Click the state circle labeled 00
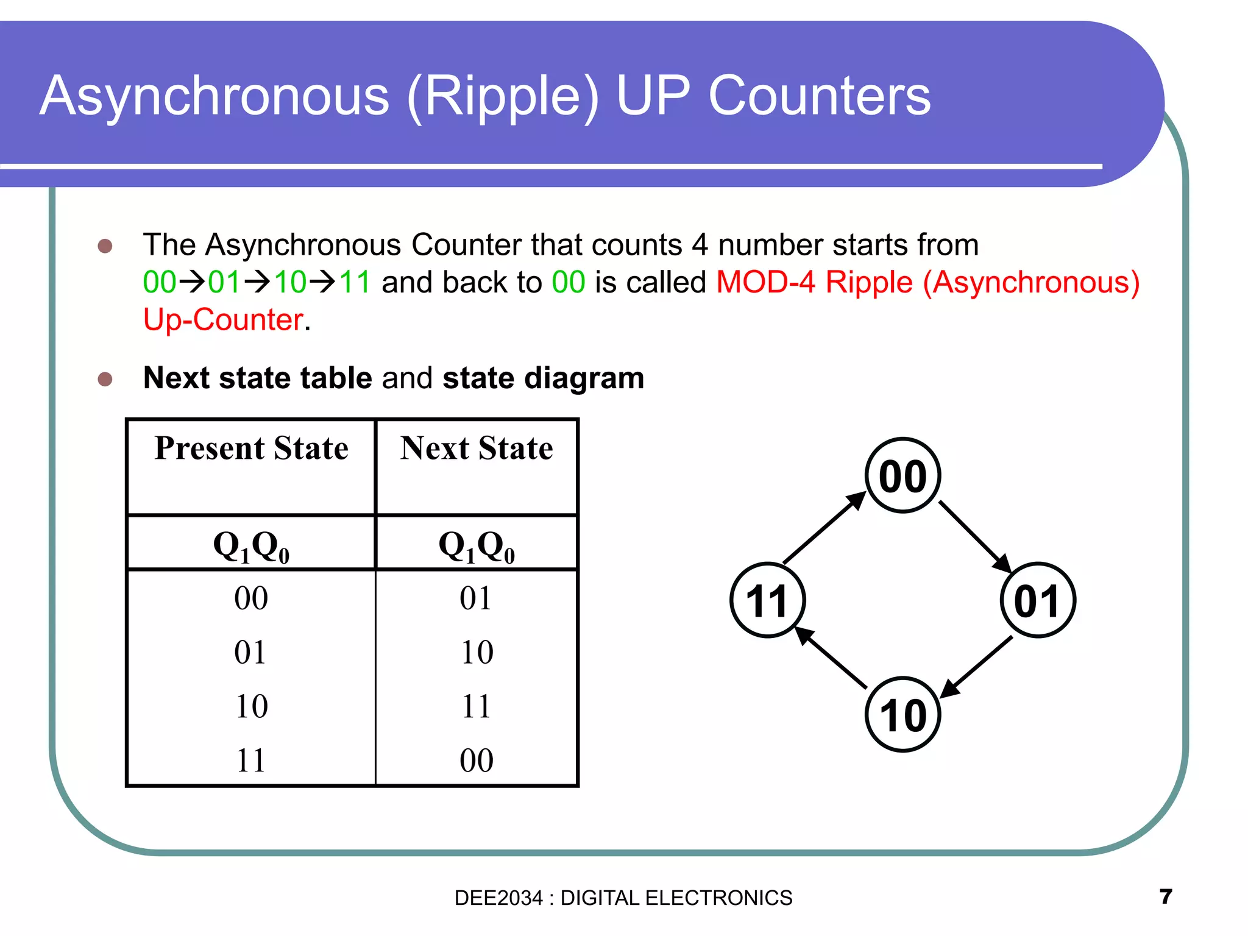[x=902, y=476]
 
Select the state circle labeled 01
[x=1038, y=601]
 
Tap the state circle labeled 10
[x=902, y=715]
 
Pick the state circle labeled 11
[x=768, y=601]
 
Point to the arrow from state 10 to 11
[x=832, y=658]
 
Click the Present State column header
[x=251, y=448]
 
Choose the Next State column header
[x=477, y=448]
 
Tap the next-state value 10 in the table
[x=477, y=653]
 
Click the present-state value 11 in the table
[x=251, y=760]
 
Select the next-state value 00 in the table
[x=477, y=760]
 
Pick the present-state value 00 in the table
[x=251, y=598]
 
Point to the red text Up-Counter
[x=223, y=320]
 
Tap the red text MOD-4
[x=765, y=283]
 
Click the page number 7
[x=1166, y=896]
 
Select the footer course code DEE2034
[x=498, y=898]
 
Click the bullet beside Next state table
[x=105, y=379]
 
